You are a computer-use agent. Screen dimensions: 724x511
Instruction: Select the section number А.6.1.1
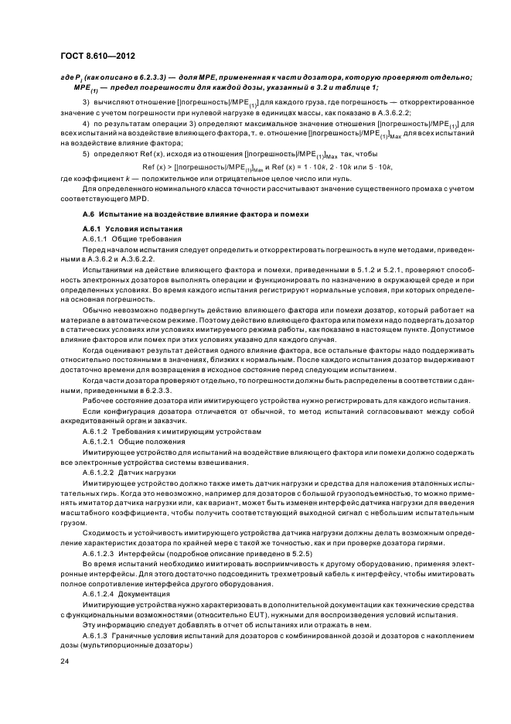[x=96, y=240]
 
